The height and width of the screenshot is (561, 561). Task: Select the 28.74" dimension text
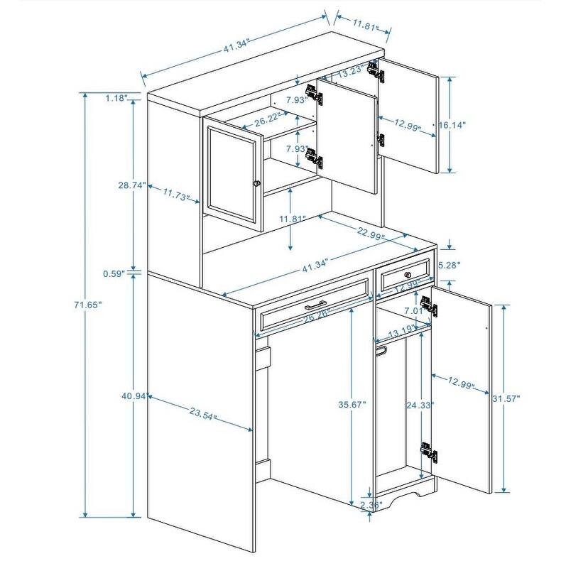coord(132,185)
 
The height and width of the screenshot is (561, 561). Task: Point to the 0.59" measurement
coord(114,273)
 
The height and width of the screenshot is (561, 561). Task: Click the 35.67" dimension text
coord(352,404)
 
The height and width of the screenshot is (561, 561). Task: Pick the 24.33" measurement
coord(420,405)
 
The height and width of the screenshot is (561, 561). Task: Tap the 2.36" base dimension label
coord(371,505)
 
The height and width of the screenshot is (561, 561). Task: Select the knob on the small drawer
coord(408,275)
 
